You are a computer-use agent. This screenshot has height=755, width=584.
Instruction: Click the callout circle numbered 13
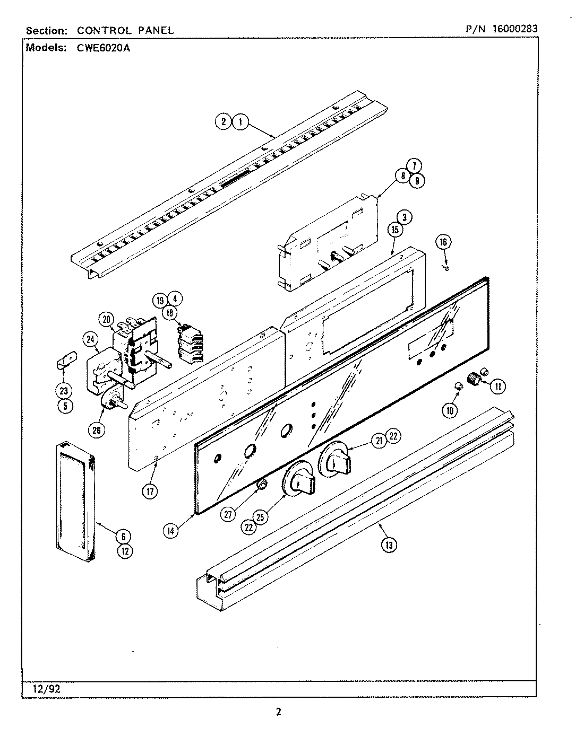click(x=389, y=545)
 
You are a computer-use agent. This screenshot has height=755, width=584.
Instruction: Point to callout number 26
click(x=97, y=430)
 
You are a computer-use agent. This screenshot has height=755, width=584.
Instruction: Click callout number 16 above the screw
click(x=443, y=242)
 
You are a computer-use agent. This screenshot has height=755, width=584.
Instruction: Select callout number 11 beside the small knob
click(x=498, y=387)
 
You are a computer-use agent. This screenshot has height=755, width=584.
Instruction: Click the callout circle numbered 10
click(x=449, y=409)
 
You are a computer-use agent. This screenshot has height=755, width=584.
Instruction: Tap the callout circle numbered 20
click(x=106, y=319)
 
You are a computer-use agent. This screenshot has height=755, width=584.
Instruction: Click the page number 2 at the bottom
click(x=278, y=712)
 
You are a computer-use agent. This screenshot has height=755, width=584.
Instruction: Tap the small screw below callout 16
click(x=446, y=268)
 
